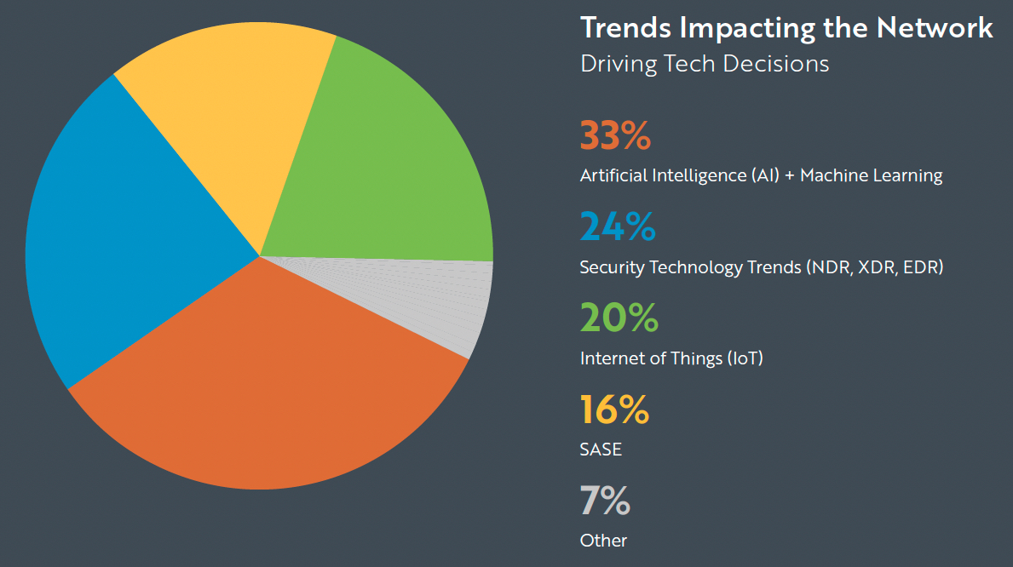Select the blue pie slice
click(x=128, y=238)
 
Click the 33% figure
click(x=615, y=135)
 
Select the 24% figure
click(x=618, y=226)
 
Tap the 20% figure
click(x=619, y=318)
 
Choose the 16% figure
click(x=614, y=409)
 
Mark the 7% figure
click(x=605, y=501)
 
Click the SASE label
click(x=601, y=449)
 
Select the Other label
click(x=603, y=541)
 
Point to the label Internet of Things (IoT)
click(x=671, y=358)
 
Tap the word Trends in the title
click(x=627, y=27)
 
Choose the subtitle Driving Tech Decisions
click(x=704, y=64)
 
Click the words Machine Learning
click(x=871, y=175)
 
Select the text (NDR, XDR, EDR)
click(x=874, y=267)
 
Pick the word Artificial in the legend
click(x=613, y=175)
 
